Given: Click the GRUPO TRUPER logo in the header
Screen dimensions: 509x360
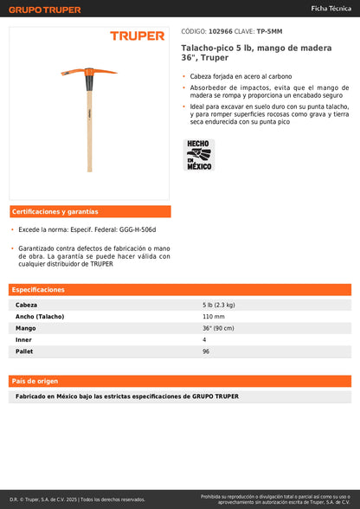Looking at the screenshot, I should (x=45, y=10).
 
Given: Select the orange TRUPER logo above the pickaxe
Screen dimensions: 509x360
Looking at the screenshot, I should (x=137, y=35).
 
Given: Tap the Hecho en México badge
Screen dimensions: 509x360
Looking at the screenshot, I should (x=199, y=154).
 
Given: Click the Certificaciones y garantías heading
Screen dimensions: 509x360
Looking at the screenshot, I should (x=55, y=211).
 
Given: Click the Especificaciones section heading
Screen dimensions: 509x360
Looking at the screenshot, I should (x=38, y=289).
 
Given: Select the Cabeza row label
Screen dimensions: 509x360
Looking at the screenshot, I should (x=27, y=305).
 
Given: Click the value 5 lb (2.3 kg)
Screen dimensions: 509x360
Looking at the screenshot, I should (x=219, y=305).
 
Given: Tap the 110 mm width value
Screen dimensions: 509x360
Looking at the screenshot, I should (x=213, y=317).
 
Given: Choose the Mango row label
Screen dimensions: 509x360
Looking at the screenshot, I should (x=26, y=328).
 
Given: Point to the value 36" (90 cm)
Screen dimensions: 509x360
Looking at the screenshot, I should (x=218, y=328).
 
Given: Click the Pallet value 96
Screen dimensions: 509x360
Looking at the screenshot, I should (x=206, y=351).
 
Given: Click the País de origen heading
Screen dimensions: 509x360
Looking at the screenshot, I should (x=35, y=381).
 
